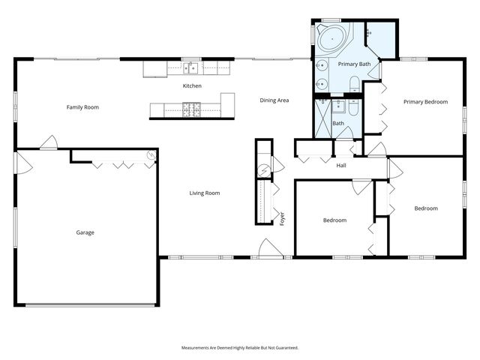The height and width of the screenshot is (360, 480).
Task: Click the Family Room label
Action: click(82, 107)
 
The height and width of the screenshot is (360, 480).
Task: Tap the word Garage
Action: click(85, 232)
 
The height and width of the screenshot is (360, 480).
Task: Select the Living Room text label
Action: click(204, 193)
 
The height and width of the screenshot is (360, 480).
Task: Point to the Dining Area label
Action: click(274, 100)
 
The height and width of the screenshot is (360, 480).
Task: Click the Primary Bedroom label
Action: click(425, 102)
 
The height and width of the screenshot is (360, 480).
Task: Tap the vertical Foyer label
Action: click(283, 218)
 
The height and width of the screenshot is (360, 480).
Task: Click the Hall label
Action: click(341, 166)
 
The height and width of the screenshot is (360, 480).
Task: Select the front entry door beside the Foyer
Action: click(266, 249)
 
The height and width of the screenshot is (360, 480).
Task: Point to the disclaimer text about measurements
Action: click(240, 348)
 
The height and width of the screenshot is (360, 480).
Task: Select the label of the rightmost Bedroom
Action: click(426, 208)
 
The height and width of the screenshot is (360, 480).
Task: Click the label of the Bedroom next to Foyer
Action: click(334, 220)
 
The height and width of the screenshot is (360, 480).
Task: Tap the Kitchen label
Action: click(192, 86)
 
